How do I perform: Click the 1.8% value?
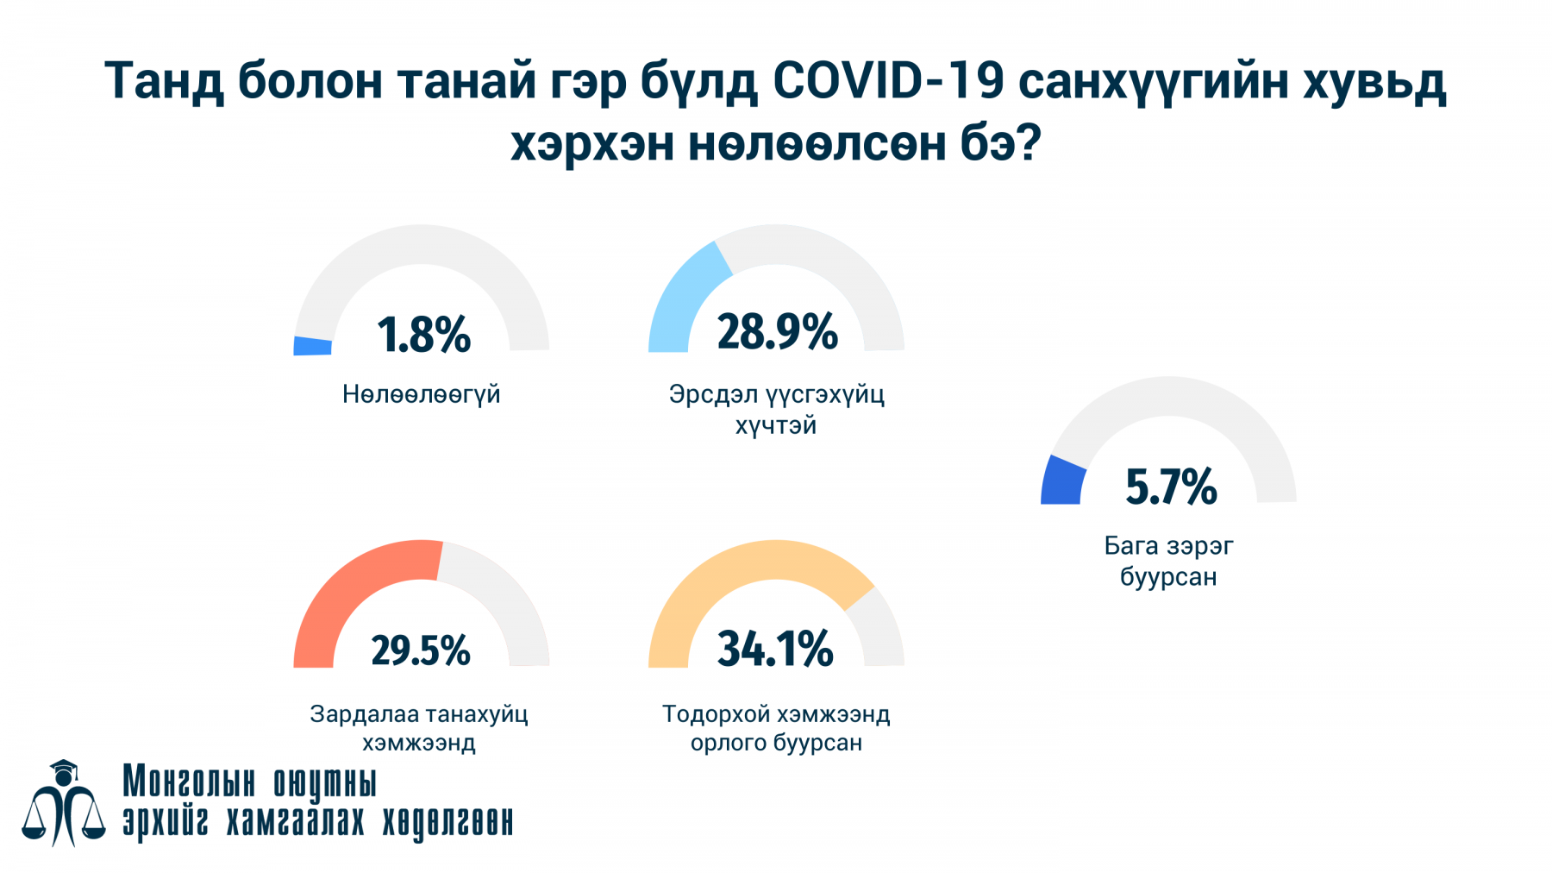(423, 335)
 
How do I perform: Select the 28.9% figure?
(777, 332)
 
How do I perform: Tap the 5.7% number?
(1171, 487)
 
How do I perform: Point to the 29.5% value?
(421, 650)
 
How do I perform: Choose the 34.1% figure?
(775, 649)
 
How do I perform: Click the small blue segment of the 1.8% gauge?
(312, 345)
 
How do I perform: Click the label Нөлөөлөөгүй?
(421, 394)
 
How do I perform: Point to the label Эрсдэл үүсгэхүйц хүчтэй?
(776, 410)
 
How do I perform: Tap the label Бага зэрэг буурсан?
(1168, 561)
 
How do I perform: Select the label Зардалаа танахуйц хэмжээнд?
(419, 728)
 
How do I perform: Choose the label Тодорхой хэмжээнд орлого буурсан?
(776, 728)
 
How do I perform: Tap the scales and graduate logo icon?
(63, 803)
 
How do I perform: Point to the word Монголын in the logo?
(189, 782)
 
